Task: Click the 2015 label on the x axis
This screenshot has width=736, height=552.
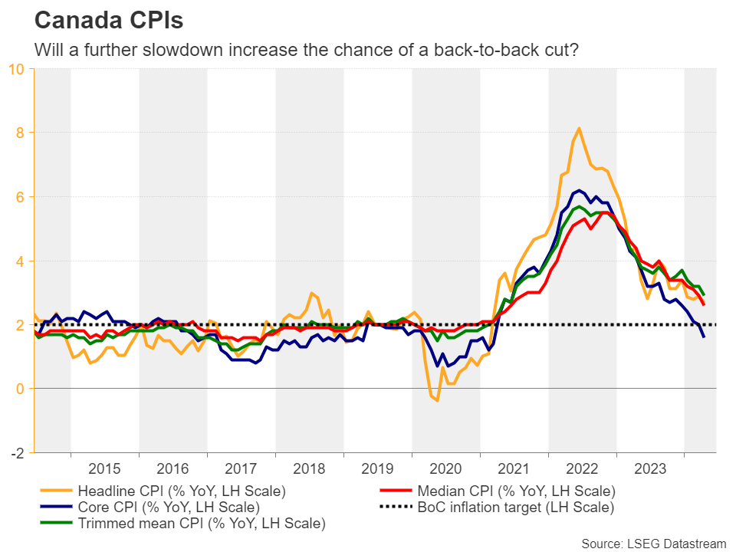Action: pyautogui.click(x=105, y=468)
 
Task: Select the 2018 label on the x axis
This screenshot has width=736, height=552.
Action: pyautogui.click(x=309, y=468)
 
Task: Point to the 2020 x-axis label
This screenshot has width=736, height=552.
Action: pyautogui.click(x=445, y=468)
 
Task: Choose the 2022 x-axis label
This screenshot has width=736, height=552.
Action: pyautogui.click(x=582, y=468)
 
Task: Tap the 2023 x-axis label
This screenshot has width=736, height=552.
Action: pyautogui.click(x=650, y=468)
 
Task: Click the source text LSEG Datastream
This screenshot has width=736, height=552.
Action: pyautogui.click(x=653, y=543)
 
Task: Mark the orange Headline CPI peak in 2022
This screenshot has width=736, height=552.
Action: pyautogui.click(x=579, y=128)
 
